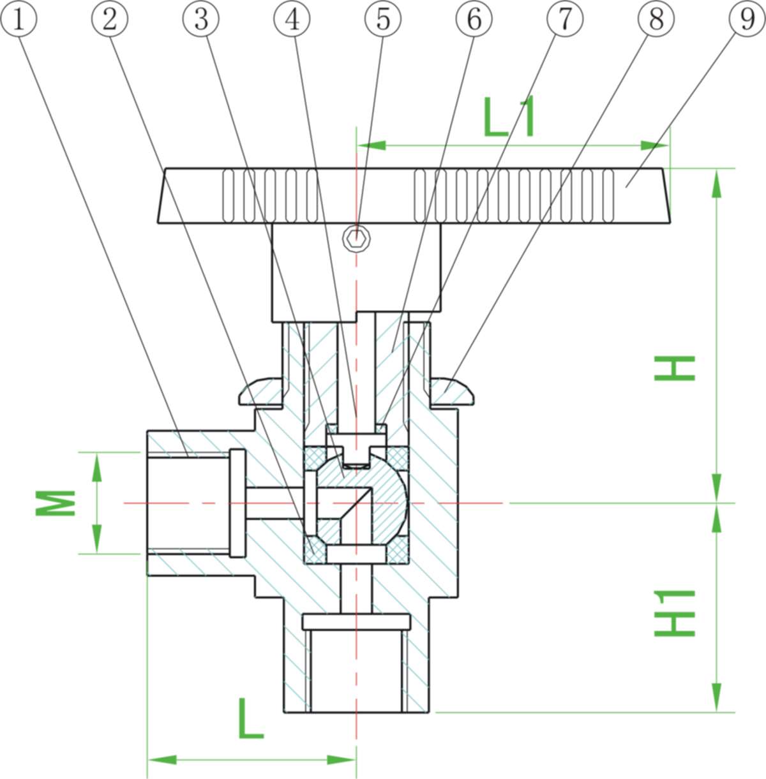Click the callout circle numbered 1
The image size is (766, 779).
tap(19, 19)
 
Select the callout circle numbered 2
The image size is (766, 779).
tap(110, 19)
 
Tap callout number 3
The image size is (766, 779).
tap(200, 19)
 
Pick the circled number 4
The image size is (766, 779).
tap(292, 19)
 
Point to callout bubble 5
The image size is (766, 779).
tap(383, 19)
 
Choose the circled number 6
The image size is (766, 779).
tap(474, 19)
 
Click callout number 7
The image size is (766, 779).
tap(566, 19)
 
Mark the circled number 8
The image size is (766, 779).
tap(656, 19)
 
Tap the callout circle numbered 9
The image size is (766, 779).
tap(747, 19)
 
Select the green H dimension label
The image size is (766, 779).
tap(675, 368)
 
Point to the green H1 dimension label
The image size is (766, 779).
tap(675, 613)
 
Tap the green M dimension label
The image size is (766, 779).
tap(56, 503)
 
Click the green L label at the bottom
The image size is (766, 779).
tap(251, 718)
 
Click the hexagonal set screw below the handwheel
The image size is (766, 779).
tap(356, 239)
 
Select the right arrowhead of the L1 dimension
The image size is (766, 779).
tap(654, 145)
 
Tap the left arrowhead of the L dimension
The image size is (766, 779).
tap(163, 760)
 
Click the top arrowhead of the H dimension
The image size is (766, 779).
tap(717, 184)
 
